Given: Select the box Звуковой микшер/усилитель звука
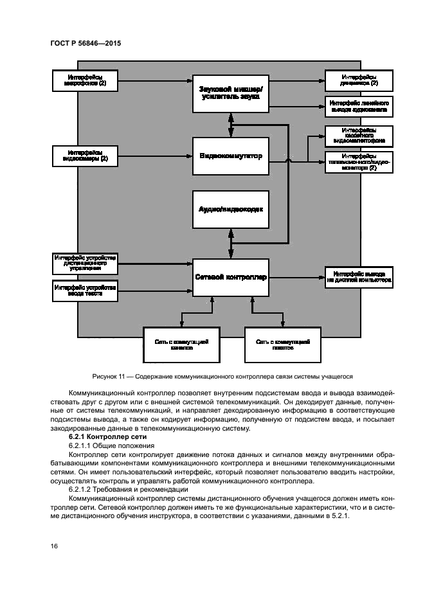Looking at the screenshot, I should (x=230, y=91).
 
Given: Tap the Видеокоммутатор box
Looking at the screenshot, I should (x=230, y=156).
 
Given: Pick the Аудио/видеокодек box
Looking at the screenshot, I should (x=230, y=210).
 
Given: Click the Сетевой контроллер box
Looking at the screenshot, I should (x=230, y=277).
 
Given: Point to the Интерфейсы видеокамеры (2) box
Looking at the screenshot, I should (x=85, y=156).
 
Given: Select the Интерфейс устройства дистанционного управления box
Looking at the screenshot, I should (x=85, y=263).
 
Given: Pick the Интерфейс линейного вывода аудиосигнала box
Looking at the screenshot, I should (x=359, y=106).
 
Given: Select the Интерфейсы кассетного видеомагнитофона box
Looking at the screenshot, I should (x=359, y=136).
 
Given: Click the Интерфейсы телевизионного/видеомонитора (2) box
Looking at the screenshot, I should (x=359, y=163).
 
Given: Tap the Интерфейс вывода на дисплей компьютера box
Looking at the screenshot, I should (x=359, y=277).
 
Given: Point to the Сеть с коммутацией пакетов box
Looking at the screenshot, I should (x=283, y=345).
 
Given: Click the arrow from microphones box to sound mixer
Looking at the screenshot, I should (x=154, y=80).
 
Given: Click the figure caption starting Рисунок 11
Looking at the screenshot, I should (x=212, y=377).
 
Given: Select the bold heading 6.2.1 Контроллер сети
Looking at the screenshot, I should (x=109, y=436).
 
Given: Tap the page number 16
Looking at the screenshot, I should (x=54, y=546).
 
